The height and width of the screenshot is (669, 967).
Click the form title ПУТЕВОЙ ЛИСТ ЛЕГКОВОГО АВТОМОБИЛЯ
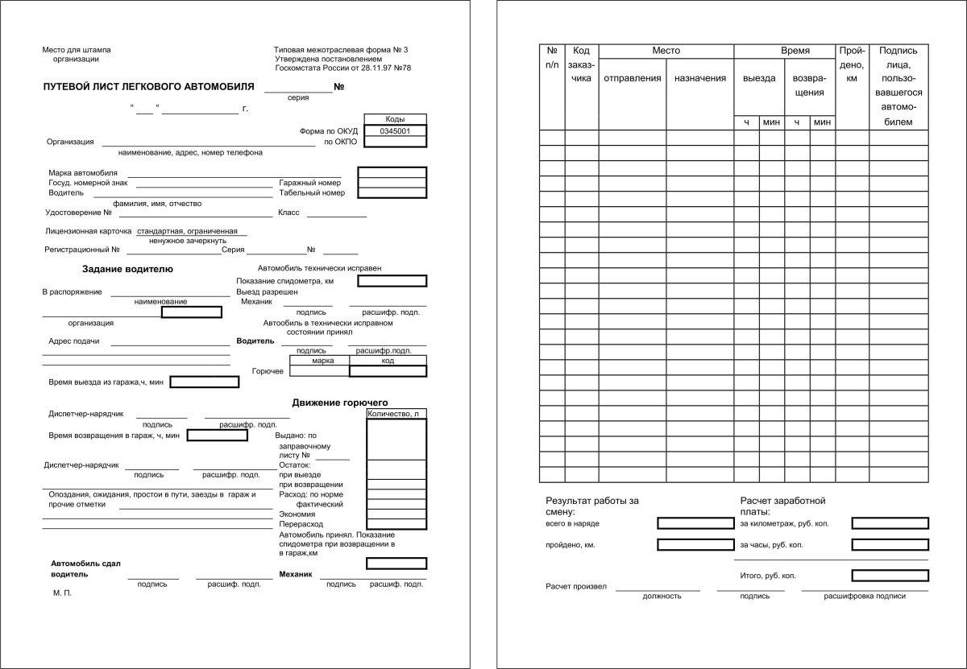point(148,86)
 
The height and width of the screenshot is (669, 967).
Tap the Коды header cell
point(395,118)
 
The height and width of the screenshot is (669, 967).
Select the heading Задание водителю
point(127,269)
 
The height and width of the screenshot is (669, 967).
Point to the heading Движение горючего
point(340,402)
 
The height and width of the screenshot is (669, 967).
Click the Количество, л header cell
point(396,415)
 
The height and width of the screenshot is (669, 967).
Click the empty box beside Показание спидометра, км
point(392,281)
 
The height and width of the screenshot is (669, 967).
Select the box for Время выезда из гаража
point(204,382)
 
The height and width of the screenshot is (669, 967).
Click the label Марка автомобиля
point(83,172)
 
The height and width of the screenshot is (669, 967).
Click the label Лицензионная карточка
point(89,231)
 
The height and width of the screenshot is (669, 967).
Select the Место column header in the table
point(666,51)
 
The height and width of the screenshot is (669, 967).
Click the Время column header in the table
point(795,51)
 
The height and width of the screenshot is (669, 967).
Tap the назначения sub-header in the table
point(700,78)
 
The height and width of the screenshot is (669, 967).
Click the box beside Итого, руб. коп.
point(890,576)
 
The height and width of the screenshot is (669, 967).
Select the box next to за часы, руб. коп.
point(890,545)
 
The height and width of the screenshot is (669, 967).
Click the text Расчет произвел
point(575,586)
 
